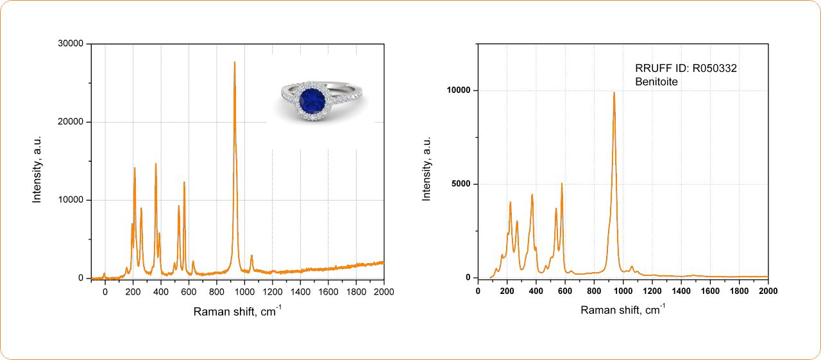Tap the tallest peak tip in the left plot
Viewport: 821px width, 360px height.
tap(235, 62)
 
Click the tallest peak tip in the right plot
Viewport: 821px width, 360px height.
tap(614, 93)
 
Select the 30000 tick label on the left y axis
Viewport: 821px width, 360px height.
tap(71, 44)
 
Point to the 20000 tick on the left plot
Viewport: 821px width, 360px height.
tap(71, 122)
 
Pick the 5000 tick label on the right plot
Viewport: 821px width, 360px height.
tap(461, 184)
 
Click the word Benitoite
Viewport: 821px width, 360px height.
tap(656, 81)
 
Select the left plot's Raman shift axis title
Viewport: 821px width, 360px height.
tap(237, 312)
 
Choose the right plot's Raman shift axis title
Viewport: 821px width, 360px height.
tap(623, 310)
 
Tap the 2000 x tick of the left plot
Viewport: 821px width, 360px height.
tap(384, 291)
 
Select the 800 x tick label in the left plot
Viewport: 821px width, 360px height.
tap(216, 291)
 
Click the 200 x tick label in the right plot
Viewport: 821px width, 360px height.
tap(507, 291)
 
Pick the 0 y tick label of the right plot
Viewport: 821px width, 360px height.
tap(468, 278)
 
